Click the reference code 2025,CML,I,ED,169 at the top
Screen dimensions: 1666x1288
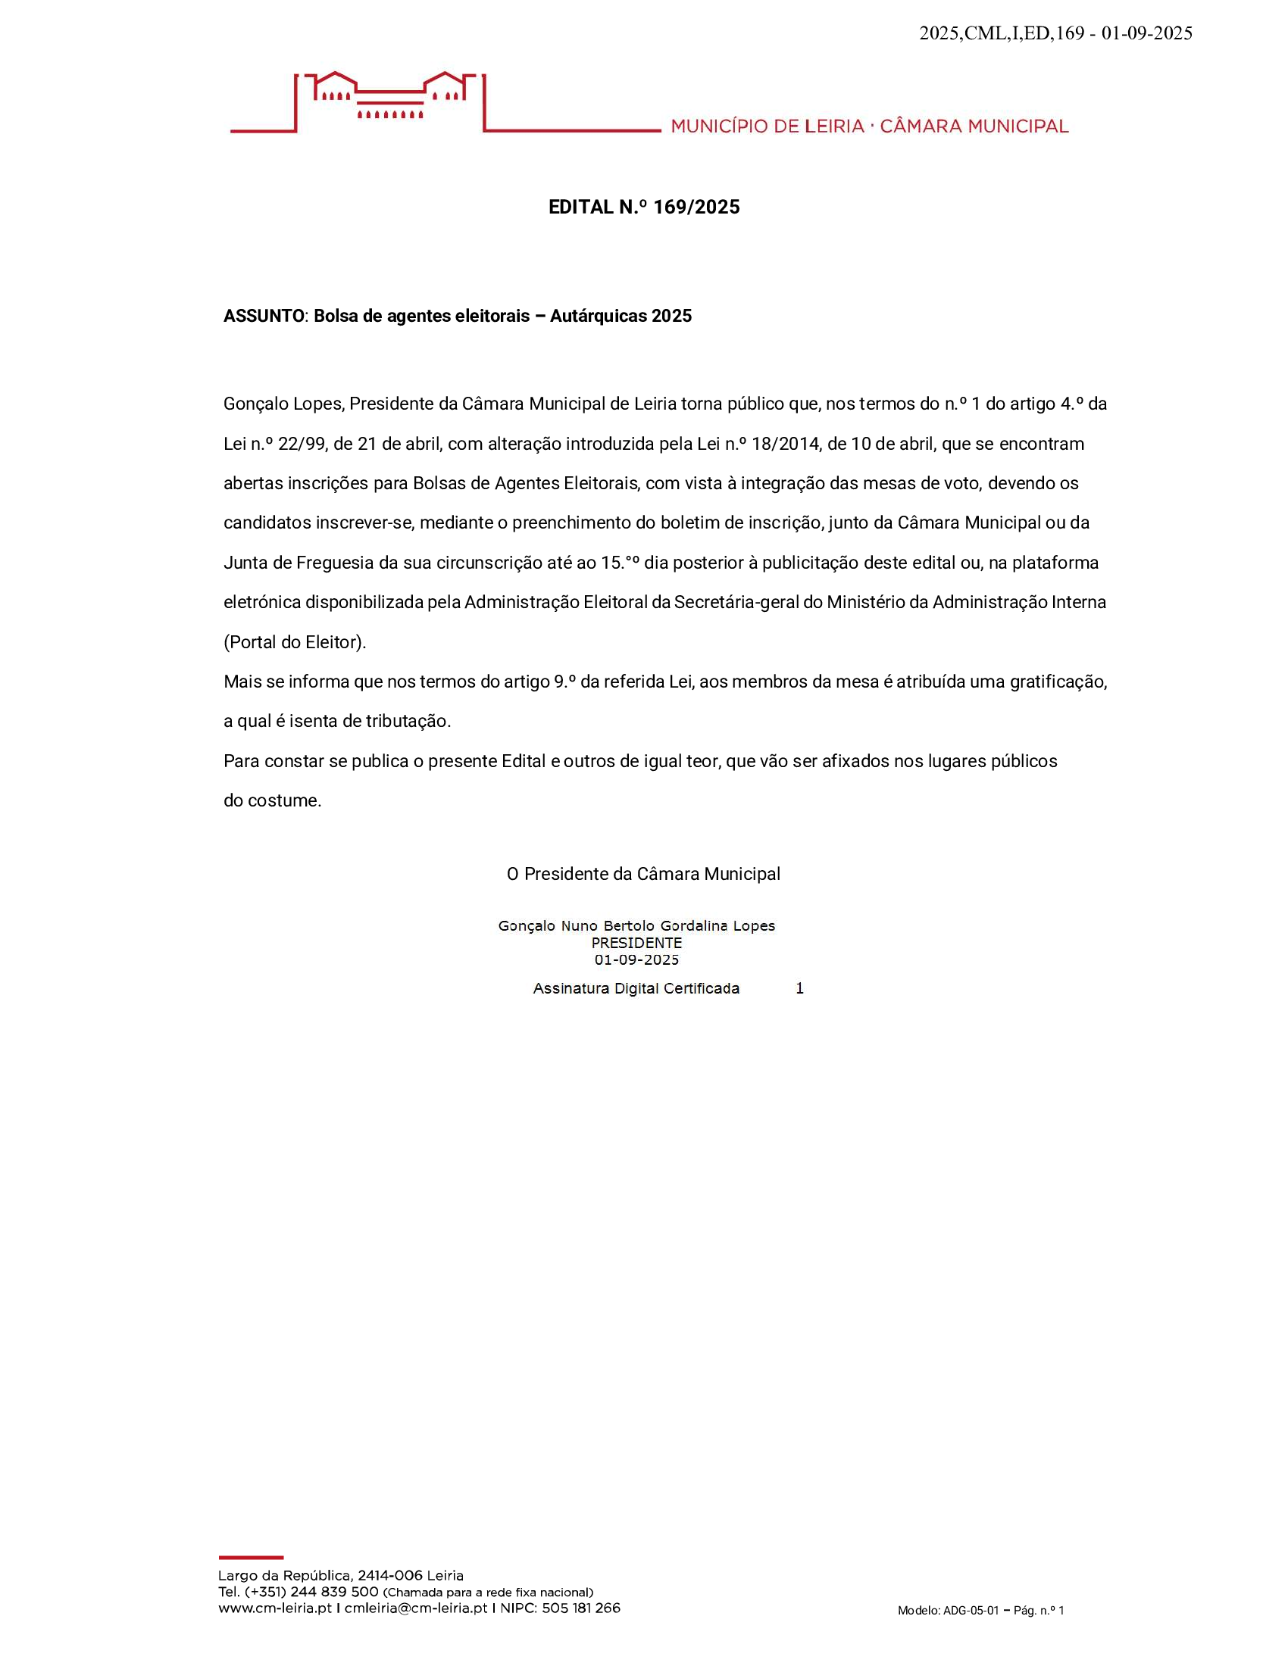(x=1001, y=33)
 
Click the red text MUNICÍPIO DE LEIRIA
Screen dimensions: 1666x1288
(x=767, y=126)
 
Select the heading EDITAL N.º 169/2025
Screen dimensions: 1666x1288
(x=644, y=207)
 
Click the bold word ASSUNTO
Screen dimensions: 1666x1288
(x=263, y=317)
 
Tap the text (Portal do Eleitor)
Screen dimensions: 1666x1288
(x=295, y=642)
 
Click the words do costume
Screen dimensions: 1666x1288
(x=273, y=801)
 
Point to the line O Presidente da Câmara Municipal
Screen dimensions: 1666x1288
(x=643, y=874)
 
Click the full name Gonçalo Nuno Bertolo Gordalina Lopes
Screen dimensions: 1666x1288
(x=636, y=926)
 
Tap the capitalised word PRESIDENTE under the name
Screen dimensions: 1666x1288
(x=636, y=944)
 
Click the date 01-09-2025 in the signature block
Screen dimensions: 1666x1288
(x=636, y=960)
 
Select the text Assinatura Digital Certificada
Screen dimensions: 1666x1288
(x=636, y=988)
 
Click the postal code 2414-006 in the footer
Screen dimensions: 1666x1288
(x=390, y=1576)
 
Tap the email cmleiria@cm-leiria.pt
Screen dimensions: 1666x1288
(x=416, y=1608)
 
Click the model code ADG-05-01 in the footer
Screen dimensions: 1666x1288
(x=971, y=1611)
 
